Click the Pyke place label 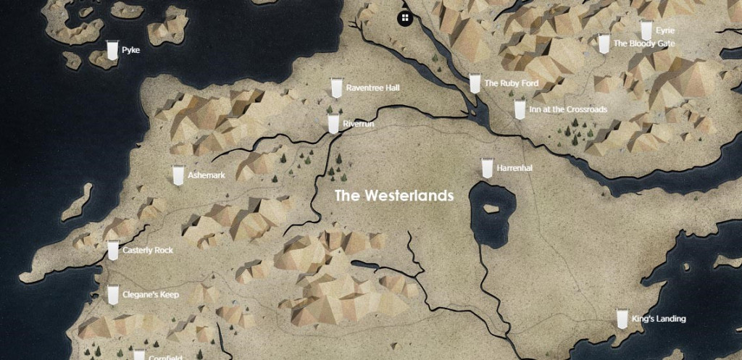[130, 51]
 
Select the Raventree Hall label [372, 88]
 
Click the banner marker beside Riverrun [333, 123]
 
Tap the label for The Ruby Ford [511, 84]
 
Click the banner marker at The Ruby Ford [475, 83]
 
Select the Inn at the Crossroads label [568, 110]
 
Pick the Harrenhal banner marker [488, 167]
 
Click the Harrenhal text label [514, 169]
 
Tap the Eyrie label [664, 31]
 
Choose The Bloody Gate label [643, 44]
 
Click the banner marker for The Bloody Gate [604, 43]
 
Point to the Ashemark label [207, 176]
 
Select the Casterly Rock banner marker [113, 250]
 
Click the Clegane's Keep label [151, 296]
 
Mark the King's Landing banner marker [622, 319]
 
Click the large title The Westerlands [393, 196]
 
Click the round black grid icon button [404, 17]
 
